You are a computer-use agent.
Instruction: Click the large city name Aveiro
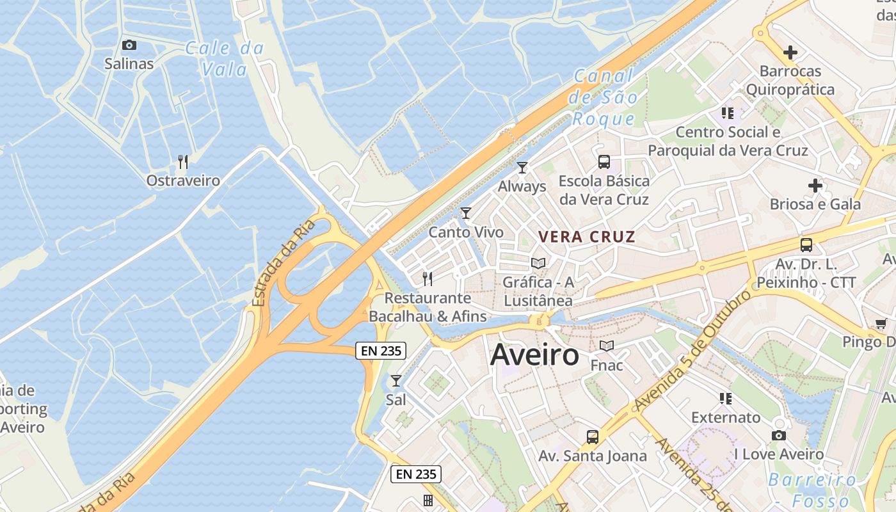pos(534,355)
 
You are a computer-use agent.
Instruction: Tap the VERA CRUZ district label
pos(586,237)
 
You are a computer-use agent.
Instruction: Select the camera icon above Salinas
pos(129,45)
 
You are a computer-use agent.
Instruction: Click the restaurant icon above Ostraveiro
pos(183,161)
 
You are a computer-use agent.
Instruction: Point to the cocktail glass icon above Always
pos(522,168)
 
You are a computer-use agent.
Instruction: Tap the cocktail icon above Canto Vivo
pos(466,213)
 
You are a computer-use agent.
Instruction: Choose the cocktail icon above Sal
pos(396,381)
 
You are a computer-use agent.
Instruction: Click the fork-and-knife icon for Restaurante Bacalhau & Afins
pos(428,278)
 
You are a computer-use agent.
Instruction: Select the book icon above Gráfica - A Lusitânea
pos(538,263)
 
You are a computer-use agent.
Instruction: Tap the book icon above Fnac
pos(606,346)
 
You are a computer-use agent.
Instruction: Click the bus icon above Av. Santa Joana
pos(593,437)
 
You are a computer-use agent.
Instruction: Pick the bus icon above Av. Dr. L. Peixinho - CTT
pos(806,244)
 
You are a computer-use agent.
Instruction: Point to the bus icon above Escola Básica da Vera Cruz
pos(604,161)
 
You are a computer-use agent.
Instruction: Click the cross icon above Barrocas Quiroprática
pos(790,52)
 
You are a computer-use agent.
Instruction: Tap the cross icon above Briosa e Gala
pos(815,186)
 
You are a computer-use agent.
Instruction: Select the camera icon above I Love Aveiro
pos(778,436)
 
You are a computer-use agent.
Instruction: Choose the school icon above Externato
pos(726,399)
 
